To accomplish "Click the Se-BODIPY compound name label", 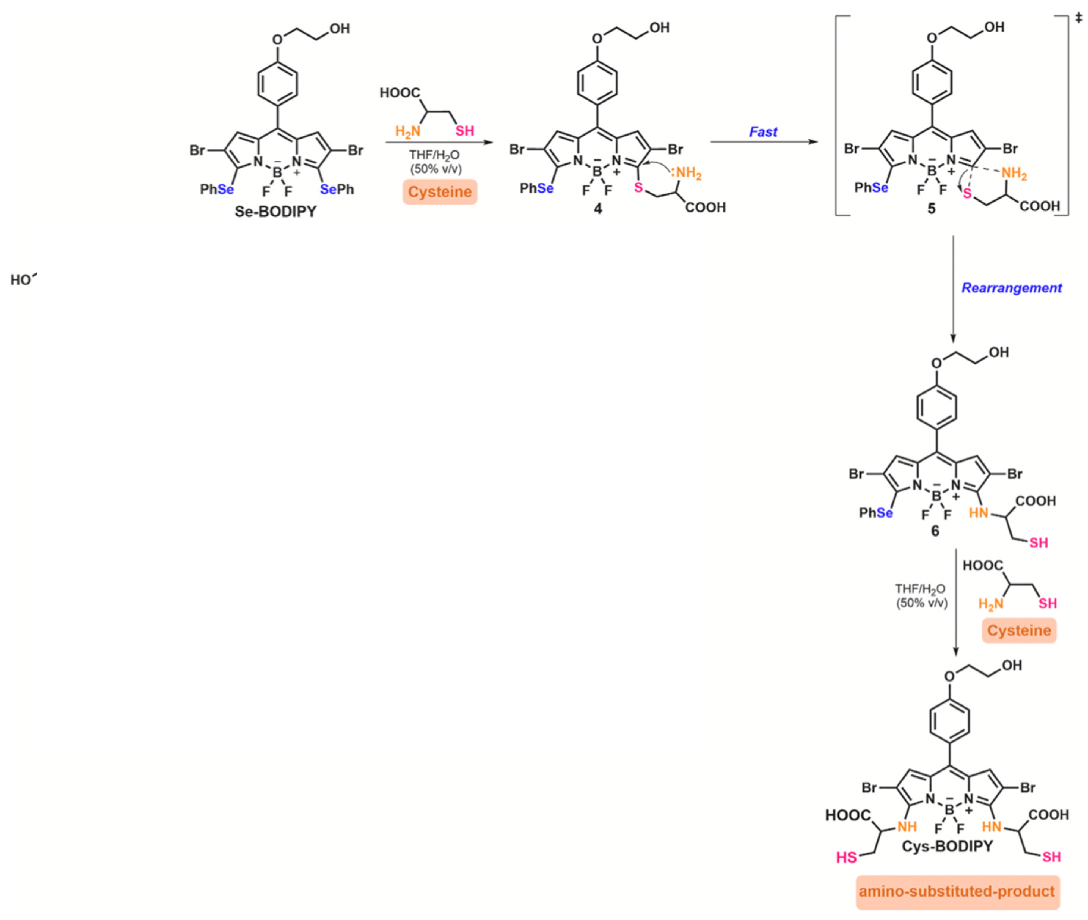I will pyautogui.click(x=275, y=212).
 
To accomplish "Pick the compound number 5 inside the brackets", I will pyautogui.click(x=931, y=209).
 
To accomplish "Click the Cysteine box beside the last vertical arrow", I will pyautogui.click(x=1019, y=630).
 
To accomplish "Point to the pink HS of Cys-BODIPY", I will pyautogui.click(x=847, y=857).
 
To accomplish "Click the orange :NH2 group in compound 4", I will pyautogui.click(x=686, y=173).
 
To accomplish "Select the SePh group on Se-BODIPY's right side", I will pyautogui.click(x=337, y=189).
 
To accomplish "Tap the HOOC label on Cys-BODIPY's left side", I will pyautogui.click(x=847, y=815).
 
